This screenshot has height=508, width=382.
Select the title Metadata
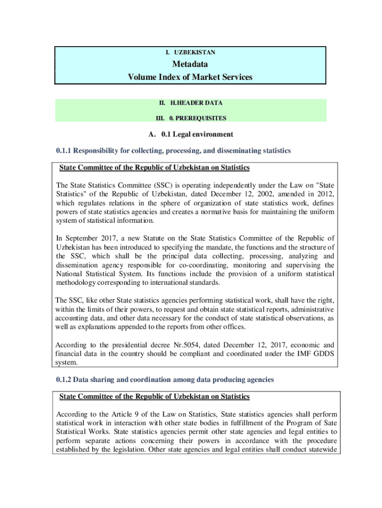[x=190, y=64]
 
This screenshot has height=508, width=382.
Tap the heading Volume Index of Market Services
[x=190, y=77]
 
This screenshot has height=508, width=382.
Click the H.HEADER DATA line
[x=196, y=103]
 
